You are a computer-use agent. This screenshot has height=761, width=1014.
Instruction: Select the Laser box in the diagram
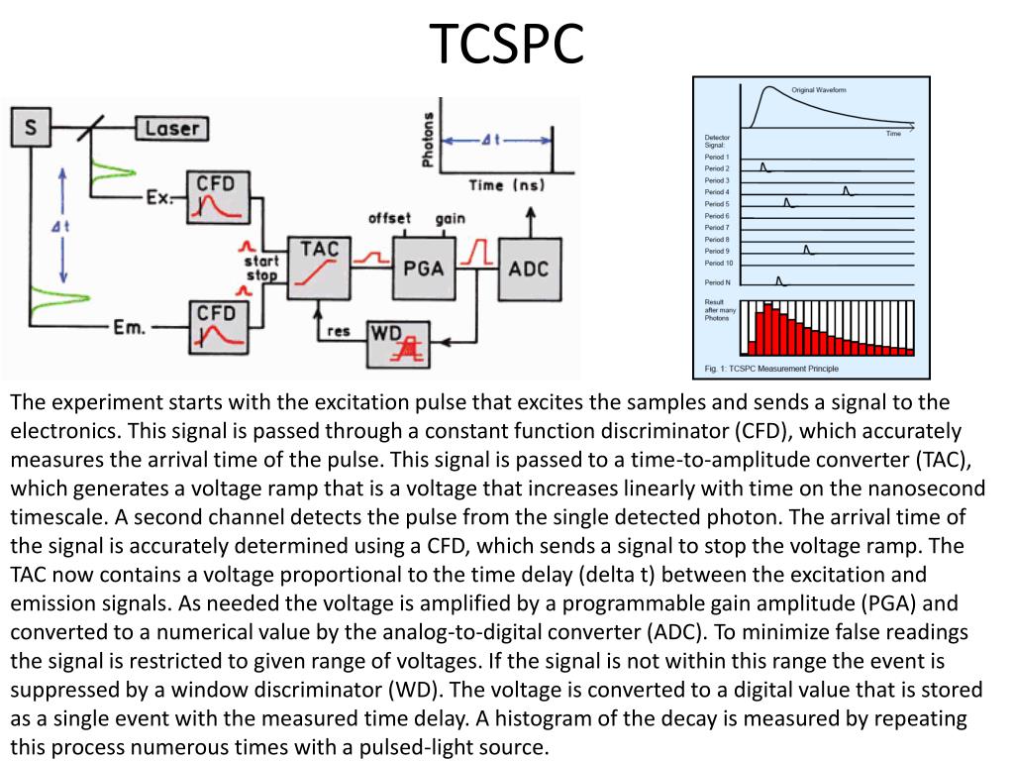point(171,128)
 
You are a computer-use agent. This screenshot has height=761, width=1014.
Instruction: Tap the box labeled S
point(32,128)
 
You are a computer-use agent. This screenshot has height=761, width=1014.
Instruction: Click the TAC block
point(319,267)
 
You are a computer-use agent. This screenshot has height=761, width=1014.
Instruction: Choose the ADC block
point(528,268)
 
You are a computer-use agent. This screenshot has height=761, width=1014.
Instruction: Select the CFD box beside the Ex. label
point(217,196)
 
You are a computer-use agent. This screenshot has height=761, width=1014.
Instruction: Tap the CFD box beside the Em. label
point(217,326)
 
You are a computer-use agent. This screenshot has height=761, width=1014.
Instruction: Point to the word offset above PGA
point(389,218)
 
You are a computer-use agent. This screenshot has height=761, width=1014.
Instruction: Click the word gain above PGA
point(451,218)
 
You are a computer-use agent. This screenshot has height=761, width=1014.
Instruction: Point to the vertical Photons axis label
point(428,139)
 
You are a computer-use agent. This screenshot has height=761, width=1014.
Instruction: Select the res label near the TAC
point(339,332)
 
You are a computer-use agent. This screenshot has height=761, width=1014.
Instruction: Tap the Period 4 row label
point(717,192)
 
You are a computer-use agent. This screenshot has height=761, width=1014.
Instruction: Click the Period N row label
point(717,283)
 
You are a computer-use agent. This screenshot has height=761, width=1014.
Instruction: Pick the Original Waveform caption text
point(819,90)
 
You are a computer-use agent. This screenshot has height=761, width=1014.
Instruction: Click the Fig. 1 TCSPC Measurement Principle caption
point(771,369)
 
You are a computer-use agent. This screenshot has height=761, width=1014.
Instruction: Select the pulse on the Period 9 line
point(808,250)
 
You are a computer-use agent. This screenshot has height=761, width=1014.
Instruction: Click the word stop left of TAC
point(262,275)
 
